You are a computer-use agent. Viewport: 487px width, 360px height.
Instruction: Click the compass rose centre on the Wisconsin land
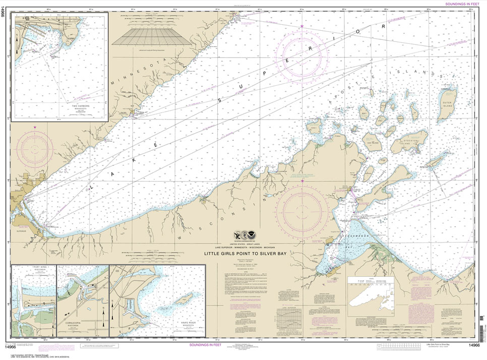point(302,209)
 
